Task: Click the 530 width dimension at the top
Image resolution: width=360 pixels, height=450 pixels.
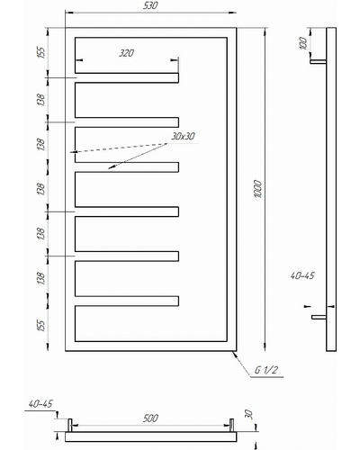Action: pos(150,5)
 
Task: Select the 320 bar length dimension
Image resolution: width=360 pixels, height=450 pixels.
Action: pos(126,53)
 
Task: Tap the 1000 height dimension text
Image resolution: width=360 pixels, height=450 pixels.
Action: pos(258,189)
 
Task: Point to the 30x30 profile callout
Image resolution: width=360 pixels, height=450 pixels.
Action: pos(183,136)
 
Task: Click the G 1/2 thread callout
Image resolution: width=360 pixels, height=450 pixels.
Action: pos(265,370)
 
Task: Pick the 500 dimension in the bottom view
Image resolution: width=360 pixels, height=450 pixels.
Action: pos(150,418)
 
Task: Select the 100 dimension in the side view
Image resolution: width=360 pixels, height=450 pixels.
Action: pos(303,43)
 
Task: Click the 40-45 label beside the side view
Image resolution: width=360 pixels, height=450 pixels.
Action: pos(302,275)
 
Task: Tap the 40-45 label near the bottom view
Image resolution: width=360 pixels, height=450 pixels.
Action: pos(40,404)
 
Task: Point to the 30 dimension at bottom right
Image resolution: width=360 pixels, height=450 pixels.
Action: pos(249,415)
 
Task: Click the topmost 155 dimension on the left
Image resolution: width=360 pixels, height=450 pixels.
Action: pos(41,52)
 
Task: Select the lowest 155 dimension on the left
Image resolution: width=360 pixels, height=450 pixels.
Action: pos(41,326)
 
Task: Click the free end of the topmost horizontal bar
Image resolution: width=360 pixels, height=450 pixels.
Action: pos(178,77)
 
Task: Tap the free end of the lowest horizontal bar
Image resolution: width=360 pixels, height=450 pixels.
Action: pos(178,301)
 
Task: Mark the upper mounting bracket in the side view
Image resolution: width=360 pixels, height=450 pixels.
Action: pos(318,61)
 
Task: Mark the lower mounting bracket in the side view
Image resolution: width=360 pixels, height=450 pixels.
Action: pos(319,317)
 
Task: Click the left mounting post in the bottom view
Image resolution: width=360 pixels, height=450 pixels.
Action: pos(70,426)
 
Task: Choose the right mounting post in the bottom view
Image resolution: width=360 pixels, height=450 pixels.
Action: pos(231,426)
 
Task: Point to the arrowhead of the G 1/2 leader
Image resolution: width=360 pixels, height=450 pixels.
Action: pos(234,353)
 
